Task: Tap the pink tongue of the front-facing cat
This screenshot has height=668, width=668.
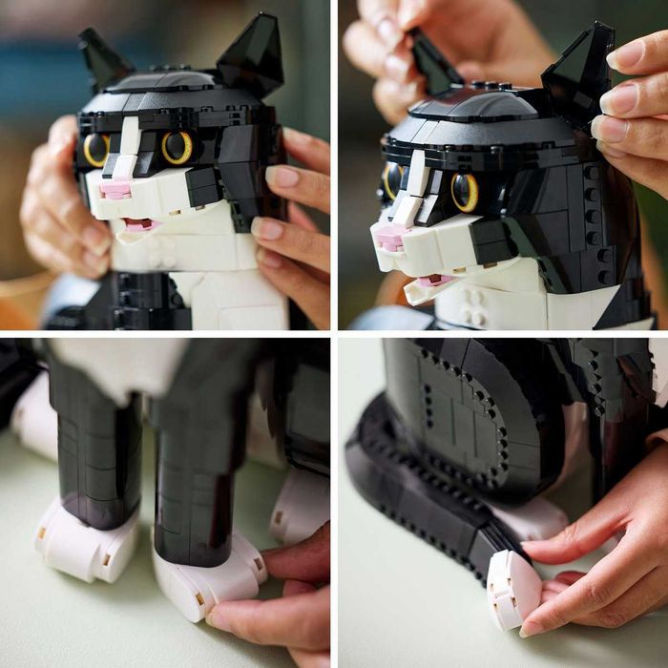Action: pos(139,225)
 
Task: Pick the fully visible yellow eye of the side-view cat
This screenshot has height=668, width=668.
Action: pos(465,192)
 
